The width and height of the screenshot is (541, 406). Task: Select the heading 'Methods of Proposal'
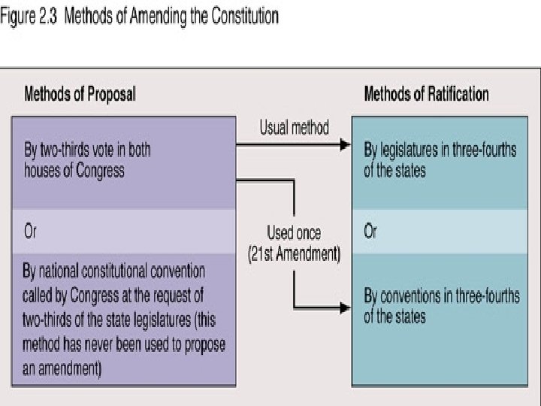[80, 95]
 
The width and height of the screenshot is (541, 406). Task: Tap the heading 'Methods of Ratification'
[426, 95]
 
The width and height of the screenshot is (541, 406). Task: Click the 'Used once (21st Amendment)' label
[295, 243]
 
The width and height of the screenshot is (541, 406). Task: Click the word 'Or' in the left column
[31, 232]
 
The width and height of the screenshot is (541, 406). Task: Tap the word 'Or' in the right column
[370, 232]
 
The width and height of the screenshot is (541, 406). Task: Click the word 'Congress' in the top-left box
[98, 171]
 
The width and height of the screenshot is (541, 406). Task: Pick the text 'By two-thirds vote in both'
[87, 150]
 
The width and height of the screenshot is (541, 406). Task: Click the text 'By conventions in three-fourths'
[441, 295]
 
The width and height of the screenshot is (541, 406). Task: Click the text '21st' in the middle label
[265, 254]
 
